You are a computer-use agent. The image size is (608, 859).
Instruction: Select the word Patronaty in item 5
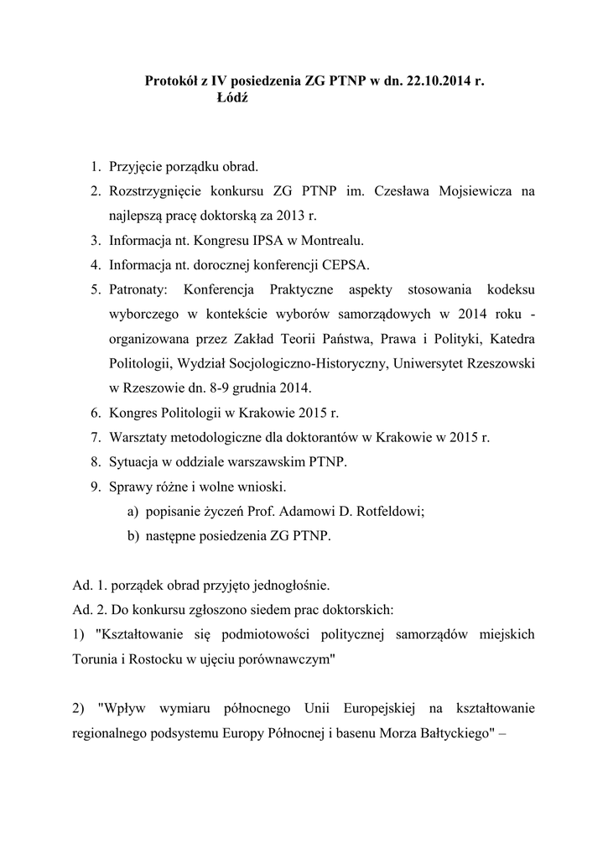(138, 289)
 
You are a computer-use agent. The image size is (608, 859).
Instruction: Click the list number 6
(96, 413)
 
